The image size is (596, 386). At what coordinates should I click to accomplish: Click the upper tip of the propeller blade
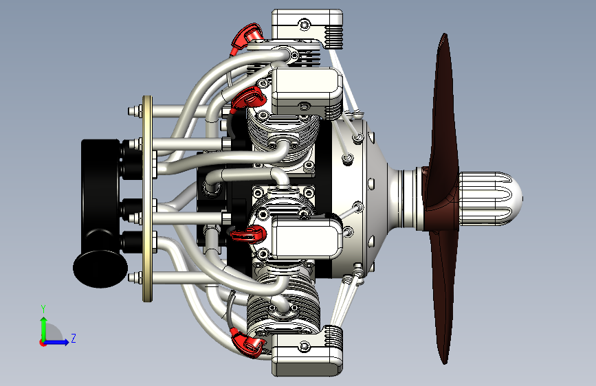(444, 34)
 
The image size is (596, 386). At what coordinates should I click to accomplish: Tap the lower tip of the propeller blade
(444, 363)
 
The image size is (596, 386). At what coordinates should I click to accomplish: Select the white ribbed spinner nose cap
(490, 198)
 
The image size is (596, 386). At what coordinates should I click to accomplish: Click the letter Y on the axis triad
(43, 308)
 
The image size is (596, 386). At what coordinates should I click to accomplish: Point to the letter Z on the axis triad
(74, 338)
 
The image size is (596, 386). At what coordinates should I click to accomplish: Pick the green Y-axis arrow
(44, 329)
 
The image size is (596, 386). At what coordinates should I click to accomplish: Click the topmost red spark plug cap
(246, 37)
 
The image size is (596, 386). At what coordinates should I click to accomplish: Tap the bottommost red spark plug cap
(247, 343)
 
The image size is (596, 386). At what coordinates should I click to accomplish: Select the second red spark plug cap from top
(248, 98)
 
